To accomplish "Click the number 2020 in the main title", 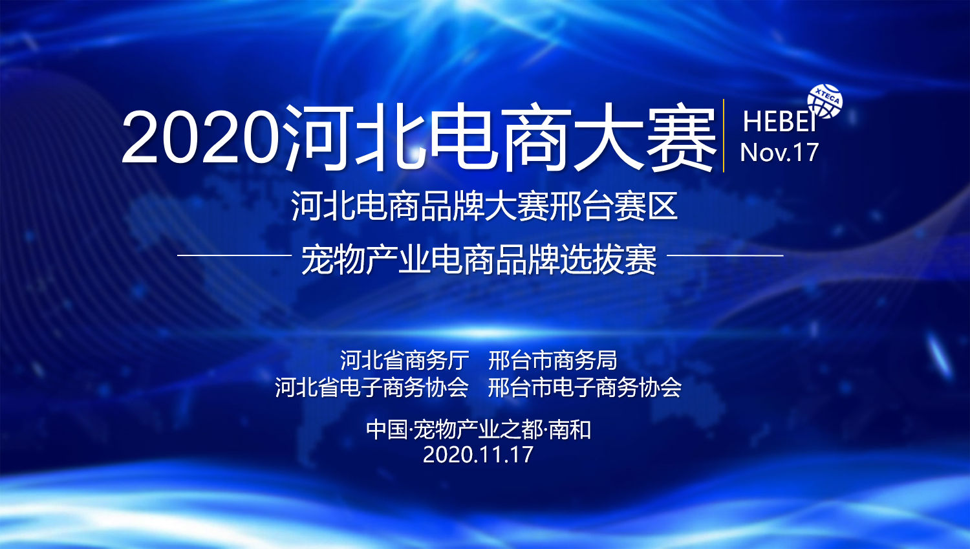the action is click(x=200, y=136).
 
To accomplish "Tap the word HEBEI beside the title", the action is click(x=779, y=122).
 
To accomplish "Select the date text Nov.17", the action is click(x=779, y=153).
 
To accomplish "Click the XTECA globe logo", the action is click(x=825, y=102).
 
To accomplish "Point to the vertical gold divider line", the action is click(x=724, y=136).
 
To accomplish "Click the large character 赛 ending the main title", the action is click(x=681, y=137).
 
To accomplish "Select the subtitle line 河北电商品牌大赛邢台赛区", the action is click(x=484, y=206).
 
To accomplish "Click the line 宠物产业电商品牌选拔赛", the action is click(x=479, y=260).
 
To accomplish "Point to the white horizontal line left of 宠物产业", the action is click(x=234, y=255).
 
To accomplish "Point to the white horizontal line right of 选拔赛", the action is click(x=725, y=255).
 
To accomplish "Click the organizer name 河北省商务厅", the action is click(x=404, y=360).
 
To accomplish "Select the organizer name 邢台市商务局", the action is click(x=552, y=360).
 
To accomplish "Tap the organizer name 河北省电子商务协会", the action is click(x=372, y=387).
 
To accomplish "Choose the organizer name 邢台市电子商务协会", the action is click(x=585, y=387).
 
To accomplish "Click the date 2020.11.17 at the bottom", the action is click(x=478, y=455).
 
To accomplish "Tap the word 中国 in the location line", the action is click(x=387, y=430).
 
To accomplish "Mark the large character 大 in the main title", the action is click(x=609, y=137).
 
